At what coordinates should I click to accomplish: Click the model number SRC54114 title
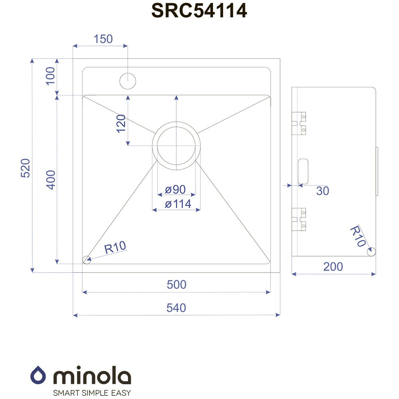click(x=199, y=11)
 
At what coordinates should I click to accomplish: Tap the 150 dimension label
click(x=103, y=39)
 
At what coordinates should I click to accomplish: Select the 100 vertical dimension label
click(x=50, y=76)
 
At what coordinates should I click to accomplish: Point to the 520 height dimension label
click(x=26, y=168)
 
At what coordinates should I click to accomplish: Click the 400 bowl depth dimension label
click(x=51, y=180)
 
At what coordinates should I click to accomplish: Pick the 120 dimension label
click(x=121, y=124)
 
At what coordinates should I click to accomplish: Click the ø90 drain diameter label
click(x=175, y=190)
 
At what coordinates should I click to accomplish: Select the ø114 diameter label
click(x=178, y=204)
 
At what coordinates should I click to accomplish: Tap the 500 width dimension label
click(x=177, y=284)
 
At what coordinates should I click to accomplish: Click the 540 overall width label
click(x=176, y=308)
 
